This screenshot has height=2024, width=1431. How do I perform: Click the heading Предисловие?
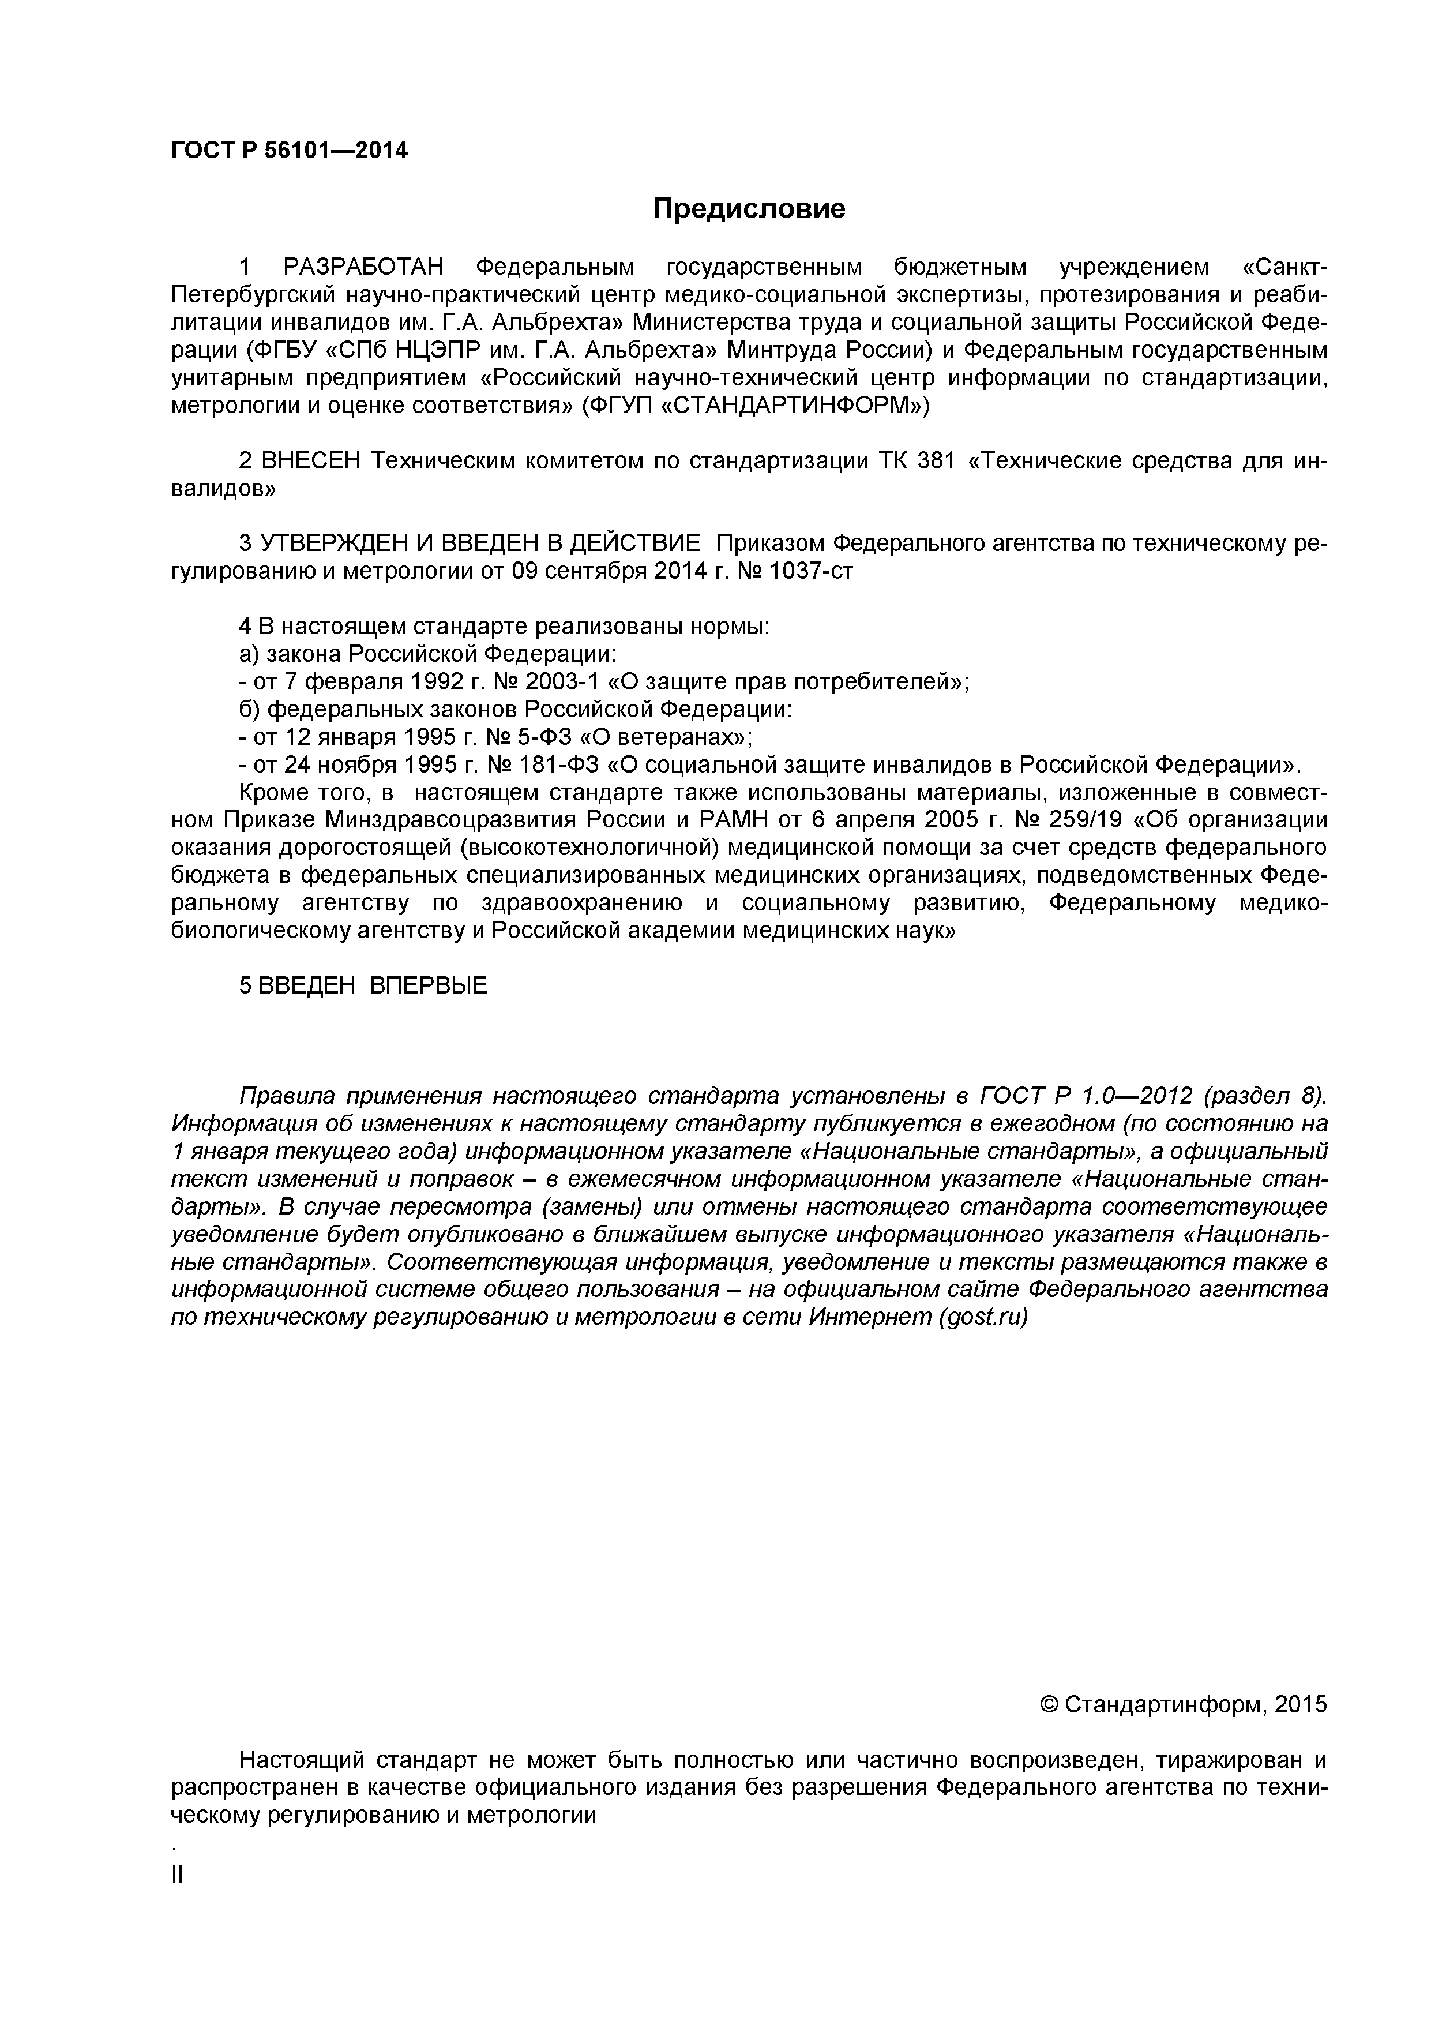[748, 209]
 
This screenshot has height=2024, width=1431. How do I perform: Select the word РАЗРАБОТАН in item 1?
[363, 267]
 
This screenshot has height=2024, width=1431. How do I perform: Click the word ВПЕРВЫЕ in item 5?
[427, 985]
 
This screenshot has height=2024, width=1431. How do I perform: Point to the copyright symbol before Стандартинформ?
[1050, 1704]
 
